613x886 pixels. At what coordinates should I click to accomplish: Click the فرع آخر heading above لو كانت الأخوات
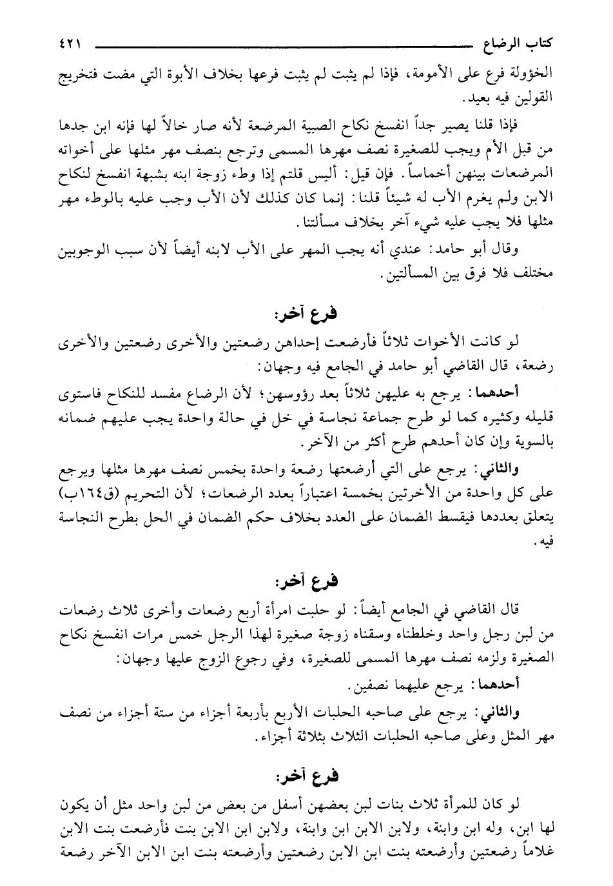(x=307, y=314)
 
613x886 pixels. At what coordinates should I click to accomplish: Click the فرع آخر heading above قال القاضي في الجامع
(x=307, y=582)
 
